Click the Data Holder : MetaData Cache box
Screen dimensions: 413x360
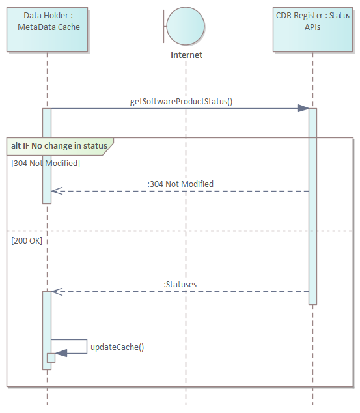(x=47, y=30)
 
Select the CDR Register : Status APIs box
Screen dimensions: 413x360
(x=312, y=30)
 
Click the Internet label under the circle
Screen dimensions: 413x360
(x=186, y=55)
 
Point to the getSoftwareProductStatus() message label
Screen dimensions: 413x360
(x=181, y=101)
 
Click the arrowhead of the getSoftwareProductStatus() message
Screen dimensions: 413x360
(x=303, y=108)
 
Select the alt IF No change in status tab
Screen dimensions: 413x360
(x=59, y=145)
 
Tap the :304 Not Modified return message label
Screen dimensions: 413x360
(x=180, y=184)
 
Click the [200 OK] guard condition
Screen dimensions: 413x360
(x=27, y=240)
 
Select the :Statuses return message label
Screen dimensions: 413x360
(x=180, y=284)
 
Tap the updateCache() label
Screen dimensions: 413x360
(x=117, y=347)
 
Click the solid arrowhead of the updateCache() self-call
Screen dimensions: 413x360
(x=61, y=354)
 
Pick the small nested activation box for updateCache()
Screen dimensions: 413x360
(x=51, y=358)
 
